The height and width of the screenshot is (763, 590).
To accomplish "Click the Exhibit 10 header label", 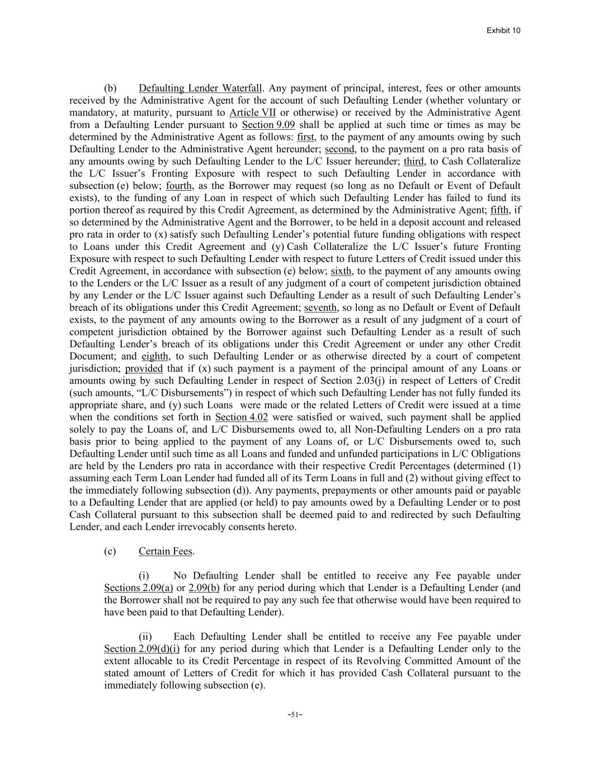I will point(503,30).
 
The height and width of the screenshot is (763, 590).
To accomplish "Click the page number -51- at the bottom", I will point(295,714).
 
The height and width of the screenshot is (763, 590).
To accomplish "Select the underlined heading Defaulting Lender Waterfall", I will point(200,88).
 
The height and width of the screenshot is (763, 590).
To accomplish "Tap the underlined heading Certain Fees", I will point(165,552).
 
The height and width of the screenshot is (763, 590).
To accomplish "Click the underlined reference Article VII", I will point(253,112).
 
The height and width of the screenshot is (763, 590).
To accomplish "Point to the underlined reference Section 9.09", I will point(268,125).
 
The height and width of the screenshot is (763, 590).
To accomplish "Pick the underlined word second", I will point(339,149).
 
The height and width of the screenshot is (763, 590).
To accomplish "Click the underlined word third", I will point(414,162).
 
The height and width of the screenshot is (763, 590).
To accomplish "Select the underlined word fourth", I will point(179,186).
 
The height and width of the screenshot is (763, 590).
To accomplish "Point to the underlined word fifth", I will point(499,210).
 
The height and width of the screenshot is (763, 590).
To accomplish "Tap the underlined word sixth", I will point(341,271).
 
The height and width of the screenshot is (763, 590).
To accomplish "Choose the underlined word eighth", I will point(155,356).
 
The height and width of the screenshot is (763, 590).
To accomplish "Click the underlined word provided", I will point(144,368).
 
